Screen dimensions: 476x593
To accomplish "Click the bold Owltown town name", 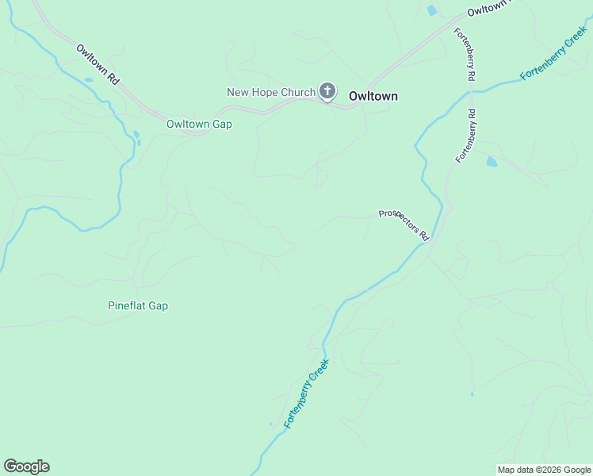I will pos(373,96).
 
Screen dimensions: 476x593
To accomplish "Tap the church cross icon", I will pos(327,91).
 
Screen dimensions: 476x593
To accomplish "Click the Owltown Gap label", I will pos(199,124).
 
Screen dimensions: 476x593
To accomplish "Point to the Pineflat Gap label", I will pos(138,305).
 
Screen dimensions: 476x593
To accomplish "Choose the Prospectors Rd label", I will pos(404,225).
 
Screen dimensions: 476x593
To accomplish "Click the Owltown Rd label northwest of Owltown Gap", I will pos(98,64).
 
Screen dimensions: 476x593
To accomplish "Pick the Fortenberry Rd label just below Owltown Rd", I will pos(465,54).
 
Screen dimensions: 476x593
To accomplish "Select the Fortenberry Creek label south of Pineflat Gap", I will pos(306,393).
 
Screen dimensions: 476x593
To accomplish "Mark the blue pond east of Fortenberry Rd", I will pos(492,162).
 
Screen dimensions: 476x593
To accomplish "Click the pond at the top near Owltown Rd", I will pos(432,10).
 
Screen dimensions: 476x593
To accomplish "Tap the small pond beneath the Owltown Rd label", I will pos(88,79).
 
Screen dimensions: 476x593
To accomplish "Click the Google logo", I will pos(26,466).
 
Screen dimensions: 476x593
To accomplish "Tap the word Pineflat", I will pos(127,305).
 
